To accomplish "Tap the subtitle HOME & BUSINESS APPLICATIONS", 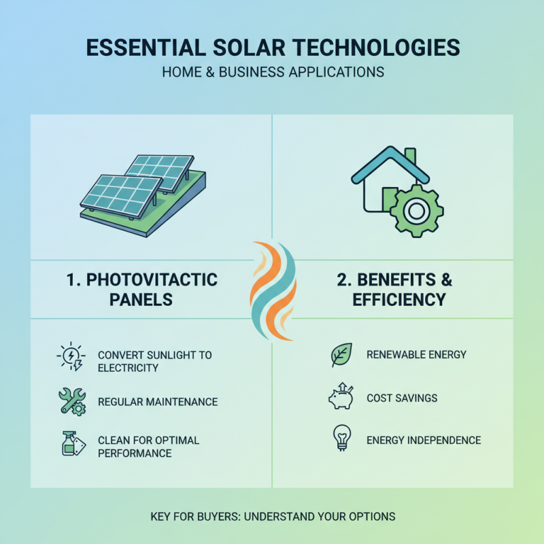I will (x=272, y=71).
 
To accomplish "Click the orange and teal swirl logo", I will (x=272, y=289).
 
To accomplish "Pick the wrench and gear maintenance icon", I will (x=71, y=401).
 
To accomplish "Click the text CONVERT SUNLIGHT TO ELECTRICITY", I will (x=154, y=361).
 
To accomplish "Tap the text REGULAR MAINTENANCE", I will (x=158, y=402).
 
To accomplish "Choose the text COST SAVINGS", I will (x=402, y=398).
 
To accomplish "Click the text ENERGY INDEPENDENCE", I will (x=424, y=440).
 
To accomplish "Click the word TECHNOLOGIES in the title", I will (x=371, y=48).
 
